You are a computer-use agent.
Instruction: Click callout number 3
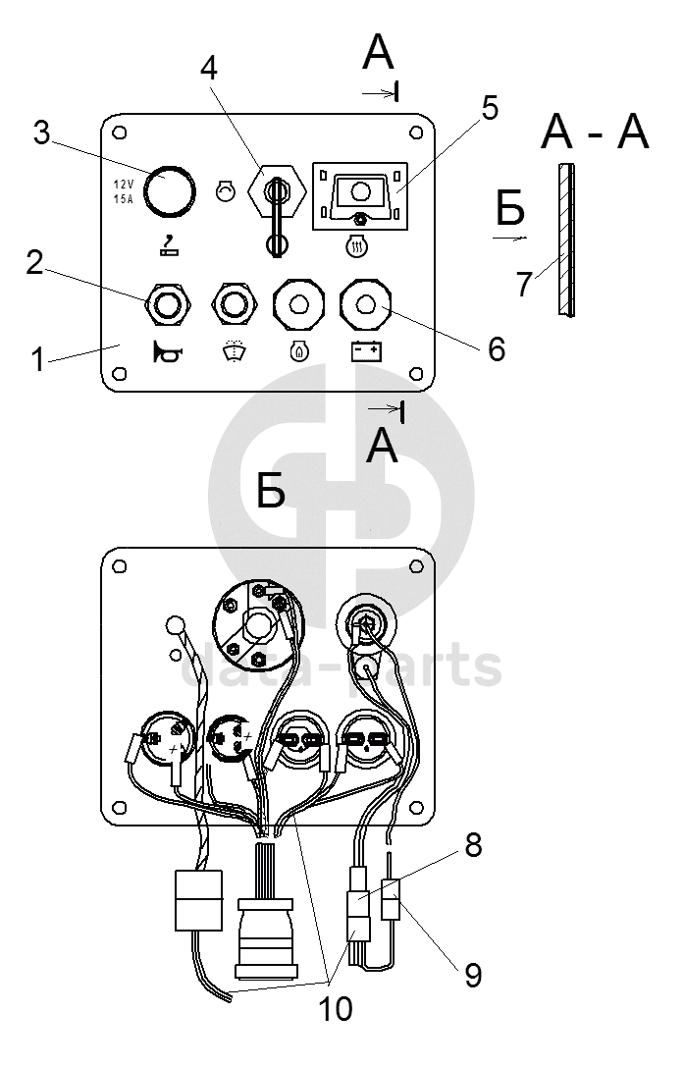click(41, 133)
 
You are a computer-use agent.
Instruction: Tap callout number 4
click(207, 67)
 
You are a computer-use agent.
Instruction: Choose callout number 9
click(472, 975)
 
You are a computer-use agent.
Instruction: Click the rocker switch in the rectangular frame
click(360, 193)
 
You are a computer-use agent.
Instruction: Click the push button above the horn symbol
click(166, 303)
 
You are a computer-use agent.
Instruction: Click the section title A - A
click(595, 132)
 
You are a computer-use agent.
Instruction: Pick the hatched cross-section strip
click(563, 240)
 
